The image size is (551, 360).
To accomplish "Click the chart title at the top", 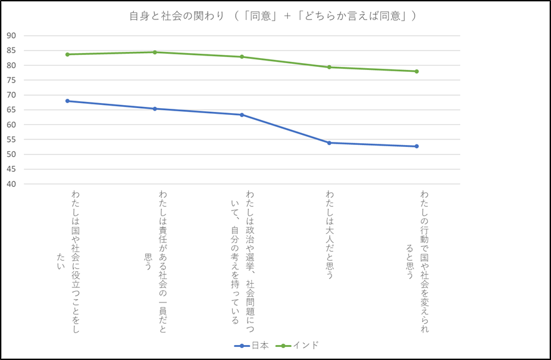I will (x=273, y=16).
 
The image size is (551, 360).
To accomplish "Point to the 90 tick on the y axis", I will (x=11, y=36).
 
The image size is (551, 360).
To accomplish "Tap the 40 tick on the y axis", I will (x=11, y=184).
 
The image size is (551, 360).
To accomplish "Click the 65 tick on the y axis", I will (x=11, y=110).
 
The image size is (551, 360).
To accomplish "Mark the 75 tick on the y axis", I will (x=11, y=80).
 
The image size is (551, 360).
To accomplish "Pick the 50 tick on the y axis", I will (x=11, y=154).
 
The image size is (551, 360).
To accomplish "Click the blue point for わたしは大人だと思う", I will (x=329, y=142).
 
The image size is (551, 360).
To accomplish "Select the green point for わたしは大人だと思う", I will (x=329, y=67).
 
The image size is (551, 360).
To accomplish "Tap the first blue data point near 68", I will (x=68, y=101).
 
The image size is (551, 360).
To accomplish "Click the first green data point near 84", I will (x=68, y=54).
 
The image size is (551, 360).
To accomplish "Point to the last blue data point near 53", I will (x=417, y=146).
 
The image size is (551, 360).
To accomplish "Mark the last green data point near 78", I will (x=417, y=71).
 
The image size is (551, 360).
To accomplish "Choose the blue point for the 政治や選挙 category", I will (x=241, y=114).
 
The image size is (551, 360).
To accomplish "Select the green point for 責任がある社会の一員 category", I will (x=154, y=52).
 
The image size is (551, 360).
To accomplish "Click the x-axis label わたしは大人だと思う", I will (x=330, y=234).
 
